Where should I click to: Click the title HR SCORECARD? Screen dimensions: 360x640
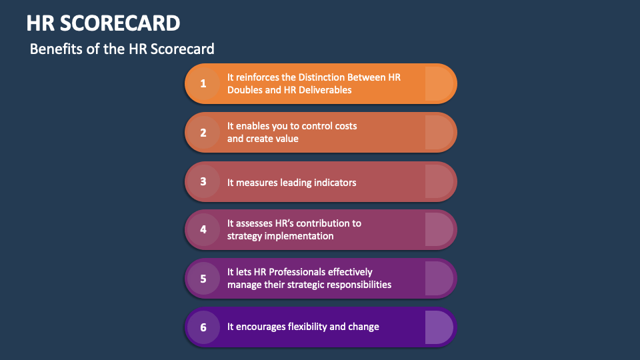tap(103, 23)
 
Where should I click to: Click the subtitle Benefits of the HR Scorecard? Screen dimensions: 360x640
tap(122, 49)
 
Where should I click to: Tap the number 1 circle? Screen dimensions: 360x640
tap(203, 83)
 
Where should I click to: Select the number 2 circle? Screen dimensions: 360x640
tap(203, 132)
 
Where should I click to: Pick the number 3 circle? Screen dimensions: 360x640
tap(203, 181)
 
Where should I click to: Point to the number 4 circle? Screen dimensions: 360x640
tap(203, 229)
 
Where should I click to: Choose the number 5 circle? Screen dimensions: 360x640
tap(203, 279)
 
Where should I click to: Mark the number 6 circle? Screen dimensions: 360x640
tap(203, 327)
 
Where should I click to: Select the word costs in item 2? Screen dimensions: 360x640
tap(345, 126)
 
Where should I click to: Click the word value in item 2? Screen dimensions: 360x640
tap(287, 139)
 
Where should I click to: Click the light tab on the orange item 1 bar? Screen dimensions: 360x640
tap(439, 83)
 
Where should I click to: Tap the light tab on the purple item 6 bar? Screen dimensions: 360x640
tap(439, 327)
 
